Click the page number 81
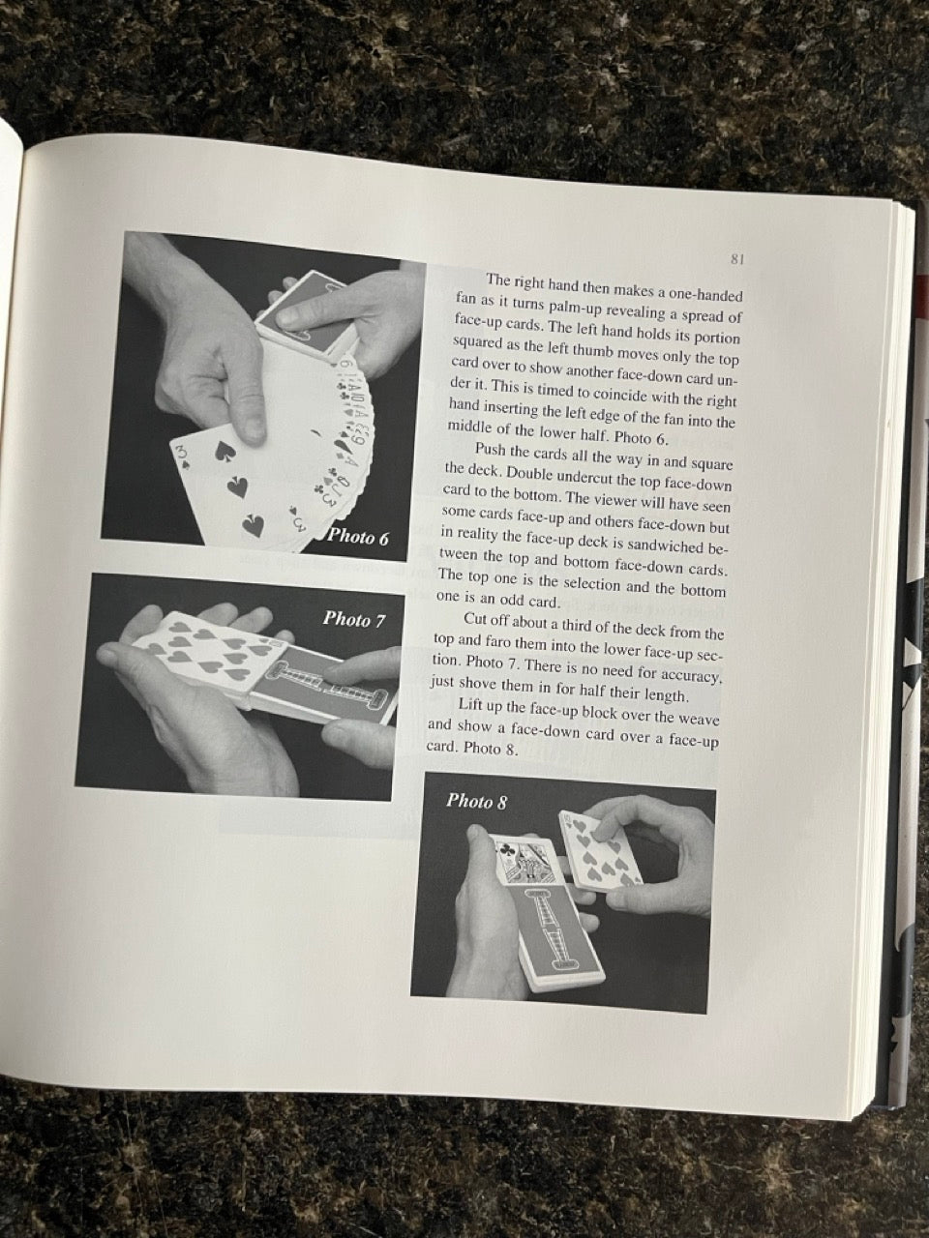pyautogui.click(x=737, y=259)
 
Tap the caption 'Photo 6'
pyautogui.click(x=359, y=537)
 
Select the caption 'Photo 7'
pyautogui.click(x=353, y=619)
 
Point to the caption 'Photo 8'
pyautogui.click(x=477, y=801)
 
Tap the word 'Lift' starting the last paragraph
pyautogui.click(x=470, y=703)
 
